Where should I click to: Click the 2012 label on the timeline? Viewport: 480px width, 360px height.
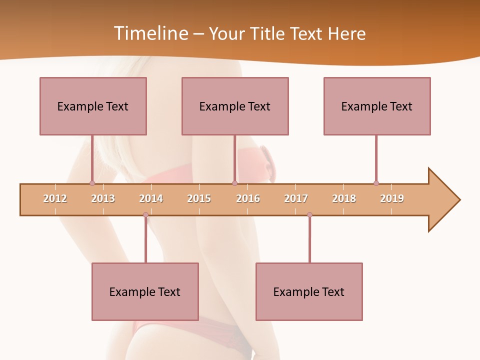[x=55, y=198]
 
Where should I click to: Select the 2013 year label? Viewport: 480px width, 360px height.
[x=103, y=198]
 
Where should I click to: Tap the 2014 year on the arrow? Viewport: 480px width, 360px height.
[x=151, y=198]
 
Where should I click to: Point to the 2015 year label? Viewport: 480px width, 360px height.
[x=199, y=198]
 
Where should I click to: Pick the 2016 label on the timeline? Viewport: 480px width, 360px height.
[x=248, y=198]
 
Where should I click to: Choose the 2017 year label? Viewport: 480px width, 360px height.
[x=296, y=198]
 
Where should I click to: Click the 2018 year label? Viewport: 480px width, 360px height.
[x=344, y=198]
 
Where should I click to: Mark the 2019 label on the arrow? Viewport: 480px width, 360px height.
[x=392, y=198]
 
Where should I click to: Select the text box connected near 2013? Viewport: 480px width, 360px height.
[x=93, y=106]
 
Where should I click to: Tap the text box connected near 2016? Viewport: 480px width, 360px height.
[x=235, y=106]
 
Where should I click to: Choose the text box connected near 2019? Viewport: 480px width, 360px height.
[x=377, y=106]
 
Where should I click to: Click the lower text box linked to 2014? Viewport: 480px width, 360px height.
[x=145, y=291]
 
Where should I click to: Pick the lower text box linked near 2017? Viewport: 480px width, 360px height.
[x=309, y=291]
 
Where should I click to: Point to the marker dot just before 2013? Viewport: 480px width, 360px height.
[x=92, y=183]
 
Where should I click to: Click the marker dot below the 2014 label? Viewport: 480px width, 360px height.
[x=145, y=215]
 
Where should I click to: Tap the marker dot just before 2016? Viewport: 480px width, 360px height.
[x=234, y=183]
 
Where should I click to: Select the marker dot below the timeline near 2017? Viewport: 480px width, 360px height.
[x=309, y=215]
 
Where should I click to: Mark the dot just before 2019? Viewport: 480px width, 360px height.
[x=376, y=183]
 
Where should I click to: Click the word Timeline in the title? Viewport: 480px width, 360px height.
[x=150, y=33]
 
